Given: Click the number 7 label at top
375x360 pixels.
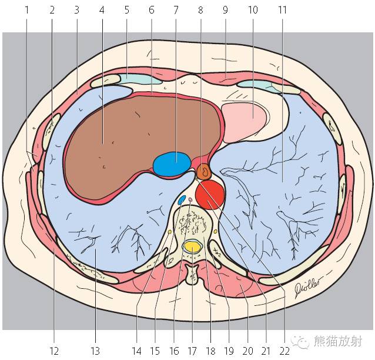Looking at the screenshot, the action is (176, 10).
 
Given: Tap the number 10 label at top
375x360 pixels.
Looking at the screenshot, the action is (253, 10).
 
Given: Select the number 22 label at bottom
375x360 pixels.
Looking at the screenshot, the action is (284, 351).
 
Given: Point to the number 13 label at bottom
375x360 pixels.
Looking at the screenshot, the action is (95, 351).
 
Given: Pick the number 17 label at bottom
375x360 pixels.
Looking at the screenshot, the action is (192, 351).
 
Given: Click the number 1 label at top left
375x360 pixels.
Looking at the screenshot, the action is (27, 10).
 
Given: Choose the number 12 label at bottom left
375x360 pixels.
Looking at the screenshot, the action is (54, 351).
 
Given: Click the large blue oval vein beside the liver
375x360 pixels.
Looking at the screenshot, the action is (172, 164).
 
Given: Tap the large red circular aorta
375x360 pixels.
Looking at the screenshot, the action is (210, 195).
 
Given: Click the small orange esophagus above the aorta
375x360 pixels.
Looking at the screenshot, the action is (204, 172).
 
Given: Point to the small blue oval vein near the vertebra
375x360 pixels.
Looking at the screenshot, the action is (182, 200).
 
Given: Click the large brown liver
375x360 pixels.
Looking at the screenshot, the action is (141, 146).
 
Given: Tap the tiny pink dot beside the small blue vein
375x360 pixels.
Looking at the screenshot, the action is (190, 199).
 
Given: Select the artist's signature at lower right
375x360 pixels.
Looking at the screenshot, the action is (307, 286).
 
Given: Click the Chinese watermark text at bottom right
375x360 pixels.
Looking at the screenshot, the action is (338, 341).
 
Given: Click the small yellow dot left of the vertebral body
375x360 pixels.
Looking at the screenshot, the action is (170, 232).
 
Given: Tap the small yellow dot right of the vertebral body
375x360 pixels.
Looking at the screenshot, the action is (215, 231).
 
